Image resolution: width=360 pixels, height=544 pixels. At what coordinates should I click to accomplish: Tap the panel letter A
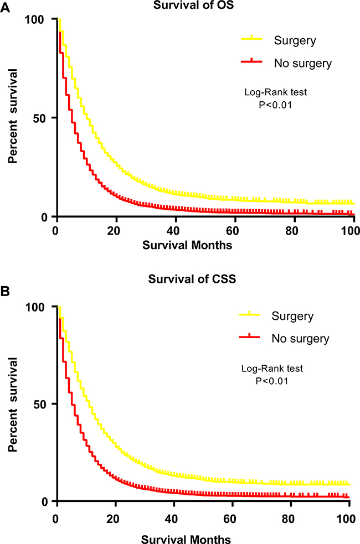[5, 7]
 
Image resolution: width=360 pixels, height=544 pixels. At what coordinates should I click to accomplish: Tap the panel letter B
[5, 290]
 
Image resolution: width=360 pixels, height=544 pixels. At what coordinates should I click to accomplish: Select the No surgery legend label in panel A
[303, 64]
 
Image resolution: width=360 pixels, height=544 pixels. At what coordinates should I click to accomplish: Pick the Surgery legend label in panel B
[292, 316]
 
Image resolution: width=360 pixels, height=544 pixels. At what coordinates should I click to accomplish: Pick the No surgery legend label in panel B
[300, 338]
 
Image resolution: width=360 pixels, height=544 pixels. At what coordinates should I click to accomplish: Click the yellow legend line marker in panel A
[252, 39]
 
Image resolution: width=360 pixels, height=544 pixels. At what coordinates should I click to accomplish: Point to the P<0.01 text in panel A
[275, 103]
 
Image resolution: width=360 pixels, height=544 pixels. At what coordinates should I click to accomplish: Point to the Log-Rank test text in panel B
[272, 369]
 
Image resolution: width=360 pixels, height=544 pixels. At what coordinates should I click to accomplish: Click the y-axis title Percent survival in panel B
[12, 404]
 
